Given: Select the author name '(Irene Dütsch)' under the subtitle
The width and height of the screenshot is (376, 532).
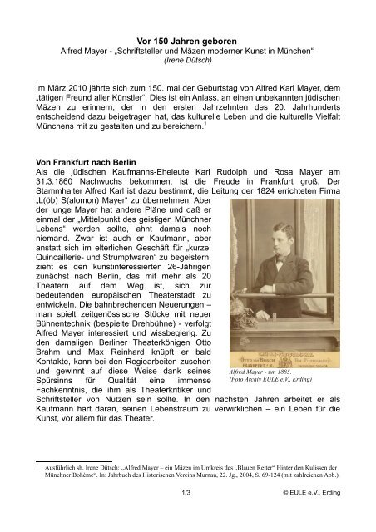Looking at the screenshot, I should pyautogui.click(x=187, y=61).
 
